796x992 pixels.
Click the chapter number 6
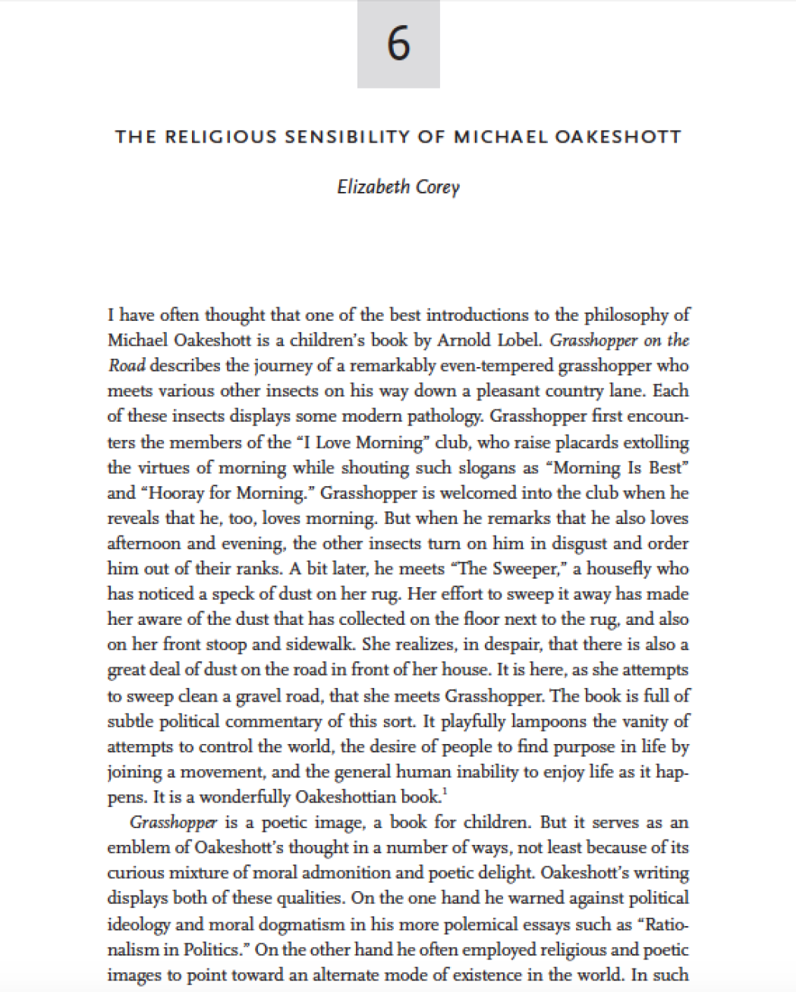[398, 43]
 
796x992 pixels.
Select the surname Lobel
[521, 340]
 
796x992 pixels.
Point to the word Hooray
[173, 493]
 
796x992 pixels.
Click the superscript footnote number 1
[444, 792]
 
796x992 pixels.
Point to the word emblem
[134, 848]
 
